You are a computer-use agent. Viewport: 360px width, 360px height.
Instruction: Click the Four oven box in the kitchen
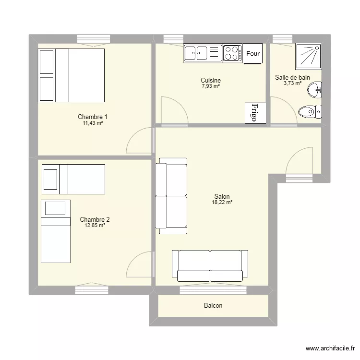coord(253,54)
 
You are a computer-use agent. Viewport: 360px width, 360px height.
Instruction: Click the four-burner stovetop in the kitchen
coord(232,53)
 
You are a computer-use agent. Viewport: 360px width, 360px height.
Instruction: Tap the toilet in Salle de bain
coord(309,112)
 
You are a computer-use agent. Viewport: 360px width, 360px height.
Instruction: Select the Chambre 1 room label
coord(93,117)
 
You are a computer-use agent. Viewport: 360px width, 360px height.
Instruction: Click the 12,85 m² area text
coord(95,226)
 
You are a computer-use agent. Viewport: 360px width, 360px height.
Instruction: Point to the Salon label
coord(222,196)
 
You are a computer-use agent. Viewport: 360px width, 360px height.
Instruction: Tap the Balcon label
coord(213,305)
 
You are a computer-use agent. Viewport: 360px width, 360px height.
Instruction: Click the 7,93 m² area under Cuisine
coord(211,86)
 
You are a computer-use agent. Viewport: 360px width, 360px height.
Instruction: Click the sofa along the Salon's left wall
coord(171,196)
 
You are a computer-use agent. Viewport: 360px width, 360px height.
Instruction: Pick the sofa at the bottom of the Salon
coord(210,265)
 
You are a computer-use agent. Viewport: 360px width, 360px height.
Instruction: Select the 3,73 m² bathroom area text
coord(292,83)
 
